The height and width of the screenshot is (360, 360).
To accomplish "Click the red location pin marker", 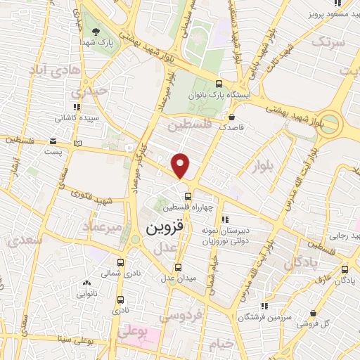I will click(x=181, y=165).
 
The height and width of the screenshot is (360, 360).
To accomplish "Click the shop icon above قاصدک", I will click(x=232, y=117).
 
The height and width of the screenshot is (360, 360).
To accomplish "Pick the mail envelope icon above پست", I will click(x=54, y=141).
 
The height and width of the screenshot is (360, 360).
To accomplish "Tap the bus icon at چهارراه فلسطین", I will click(x=188, y=195).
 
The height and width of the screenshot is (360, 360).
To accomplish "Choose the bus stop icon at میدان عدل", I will click(x=178, y=266).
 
